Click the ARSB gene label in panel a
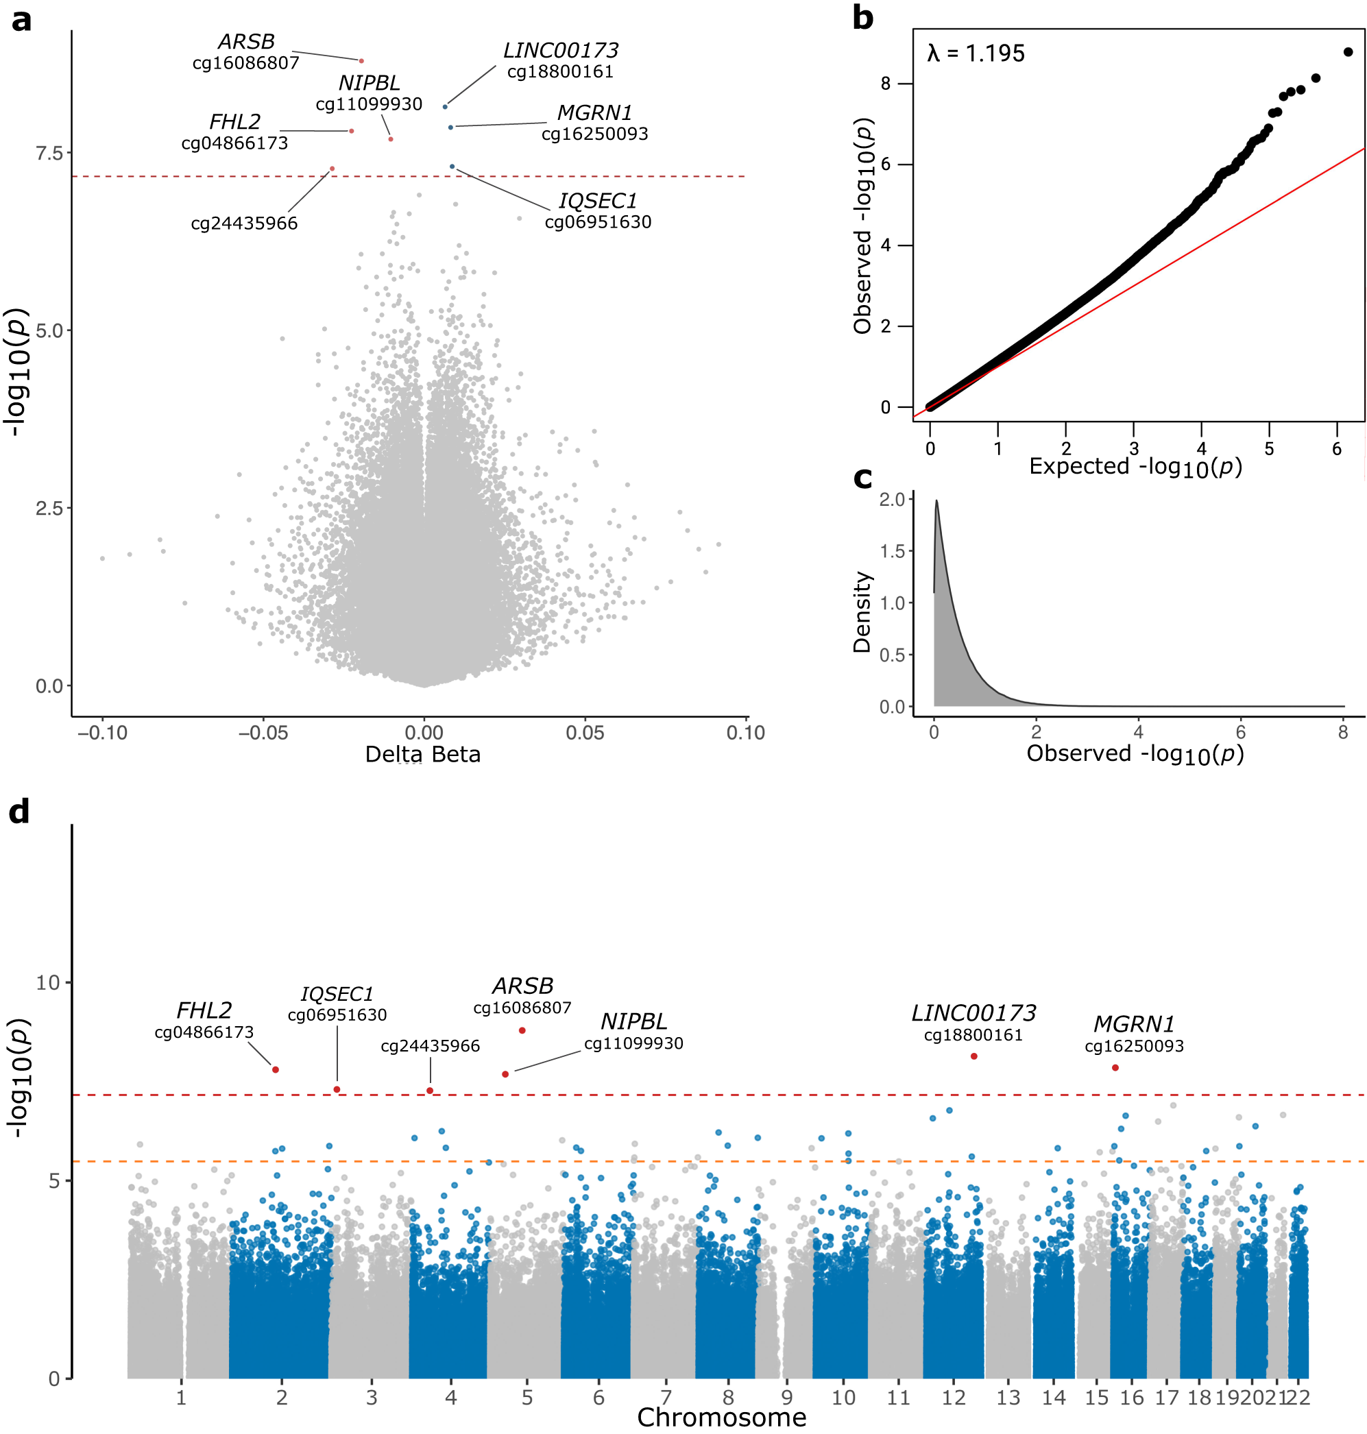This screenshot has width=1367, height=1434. click(x=246, y=42)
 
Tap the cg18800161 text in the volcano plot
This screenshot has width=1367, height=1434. click(x=560, y=71)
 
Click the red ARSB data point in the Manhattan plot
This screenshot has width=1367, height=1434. click(x=522, y=1030)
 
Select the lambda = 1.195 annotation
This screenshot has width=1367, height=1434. click(x=976, y=53)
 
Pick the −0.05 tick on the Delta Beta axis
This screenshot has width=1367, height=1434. click(x=263, y=733)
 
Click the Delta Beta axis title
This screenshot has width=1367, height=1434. click(x=422, y=754)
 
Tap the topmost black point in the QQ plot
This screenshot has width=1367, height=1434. click(x=1348, y=51)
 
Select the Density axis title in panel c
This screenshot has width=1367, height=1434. click(x=862, y=612)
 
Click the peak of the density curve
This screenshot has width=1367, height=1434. click(x=936, y=501)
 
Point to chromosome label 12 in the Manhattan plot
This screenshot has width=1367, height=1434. click(x=953, y=1398)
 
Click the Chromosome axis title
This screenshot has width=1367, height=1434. click(x=721, y=1418)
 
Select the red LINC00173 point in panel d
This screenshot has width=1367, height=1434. click(x=974, y=1056)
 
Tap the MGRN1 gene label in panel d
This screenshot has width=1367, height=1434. click(x=1134, y=1025)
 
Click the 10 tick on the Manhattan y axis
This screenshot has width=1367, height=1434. click(x=48, y=983)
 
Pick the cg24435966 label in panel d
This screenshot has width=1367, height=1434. click(x=430, y=1046)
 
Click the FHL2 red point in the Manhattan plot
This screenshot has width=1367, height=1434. click(x=276, y=1069)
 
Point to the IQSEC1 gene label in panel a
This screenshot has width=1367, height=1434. click(x=598, y=201)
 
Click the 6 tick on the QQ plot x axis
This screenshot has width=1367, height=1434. click(x=1336, y=449)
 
